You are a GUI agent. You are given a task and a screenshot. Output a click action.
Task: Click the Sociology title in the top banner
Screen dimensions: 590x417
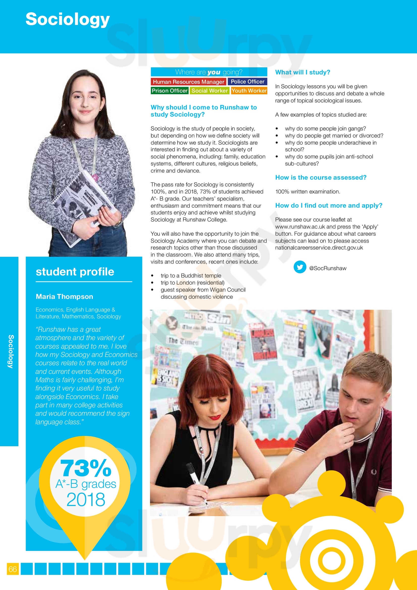(x=68, y=19)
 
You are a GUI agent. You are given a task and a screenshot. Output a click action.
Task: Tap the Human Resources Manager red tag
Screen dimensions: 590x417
(x=189, y=82)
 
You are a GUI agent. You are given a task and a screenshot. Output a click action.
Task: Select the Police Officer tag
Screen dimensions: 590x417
(x=247, y=81)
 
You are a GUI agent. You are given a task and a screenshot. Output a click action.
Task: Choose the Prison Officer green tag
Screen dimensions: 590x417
(x=169, y=91)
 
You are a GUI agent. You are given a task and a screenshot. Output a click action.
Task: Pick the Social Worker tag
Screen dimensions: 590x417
(x=210, y=91)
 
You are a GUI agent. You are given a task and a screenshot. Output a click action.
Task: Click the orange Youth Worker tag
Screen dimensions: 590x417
(x=249, y=91)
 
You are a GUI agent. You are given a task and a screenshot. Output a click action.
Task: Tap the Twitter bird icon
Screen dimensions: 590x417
(x=300, y=267)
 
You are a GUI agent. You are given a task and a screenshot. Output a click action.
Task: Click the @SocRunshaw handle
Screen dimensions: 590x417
(x=328, y=268)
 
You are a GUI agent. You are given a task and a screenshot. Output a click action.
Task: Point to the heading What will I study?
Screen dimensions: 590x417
(x=303, y=72)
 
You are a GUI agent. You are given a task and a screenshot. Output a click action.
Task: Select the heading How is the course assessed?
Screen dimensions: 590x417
(x=321, y=178)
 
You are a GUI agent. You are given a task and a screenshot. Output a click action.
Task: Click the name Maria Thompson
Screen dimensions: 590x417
(x=65, y=297)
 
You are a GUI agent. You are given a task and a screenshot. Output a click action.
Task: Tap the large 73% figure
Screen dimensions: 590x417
(x=85, y=468)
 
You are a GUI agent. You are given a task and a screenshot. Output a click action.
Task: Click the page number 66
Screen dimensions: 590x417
(x=13, y=569)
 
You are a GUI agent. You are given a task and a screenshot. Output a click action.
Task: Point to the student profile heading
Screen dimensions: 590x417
(x=75, y=272)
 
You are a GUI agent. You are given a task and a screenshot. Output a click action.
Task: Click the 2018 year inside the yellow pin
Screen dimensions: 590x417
(x=86, y=499)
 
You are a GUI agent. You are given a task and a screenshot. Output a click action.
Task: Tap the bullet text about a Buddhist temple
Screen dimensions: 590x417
(x=191, y=276)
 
